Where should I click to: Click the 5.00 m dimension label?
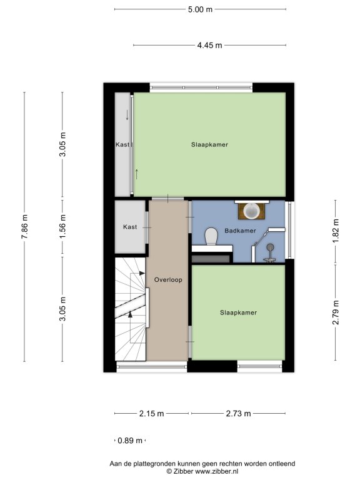[x=200, y=9]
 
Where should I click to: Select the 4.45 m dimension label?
[x=209, y=45]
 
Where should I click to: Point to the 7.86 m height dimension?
[x=25, y=227]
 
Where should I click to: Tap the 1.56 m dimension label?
[x=62, y=227]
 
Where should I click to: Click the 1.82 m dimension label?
[x=336, y=231]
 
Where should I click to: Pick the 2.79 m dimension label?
[x=336, y=312]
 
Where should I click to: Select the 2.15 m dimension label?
[x=151, y=414]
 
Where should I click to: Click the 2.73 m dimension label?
[x=238, y=414]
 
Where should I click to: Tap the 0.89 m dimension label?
[x=130, y=441]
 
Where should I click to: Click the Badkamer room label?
[x=240, y=231]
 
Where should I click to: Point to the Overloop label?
[x=168, y=280]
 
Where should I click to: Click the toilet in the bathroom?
[x=211, y=236]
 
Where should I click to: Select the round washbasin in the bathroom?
[x=251, y=211]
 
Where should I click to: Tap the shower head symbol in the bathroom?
[x=270, y=247]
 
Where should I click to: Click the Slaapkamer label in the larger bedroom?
[x=210, y=145]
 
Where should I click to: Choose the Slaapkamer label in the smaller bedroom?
[x=238, y=313]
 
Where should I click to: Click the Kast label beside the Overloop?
[x=130, y=227]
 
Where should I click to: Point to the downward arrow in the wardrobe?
[x=127, y=115]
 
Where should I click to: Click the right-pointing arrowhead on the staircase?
[x=142, y=273]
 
